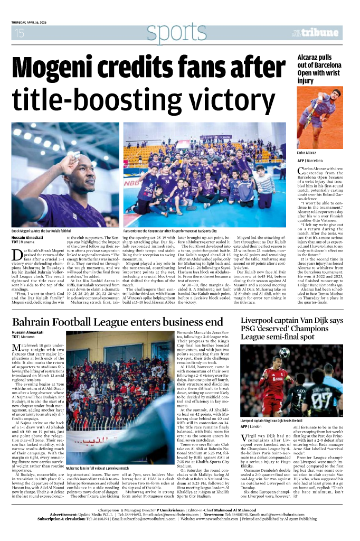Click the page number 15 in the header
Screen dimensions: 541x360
coord(20,33)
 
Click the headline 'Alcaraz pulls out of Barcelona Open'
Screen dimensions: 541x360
coord(319,69)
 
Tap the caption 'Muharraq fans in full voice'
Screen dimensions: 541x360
coord(97,468)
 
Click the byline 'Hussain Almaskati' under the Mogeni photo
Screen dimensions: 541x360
coord(28,238)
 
